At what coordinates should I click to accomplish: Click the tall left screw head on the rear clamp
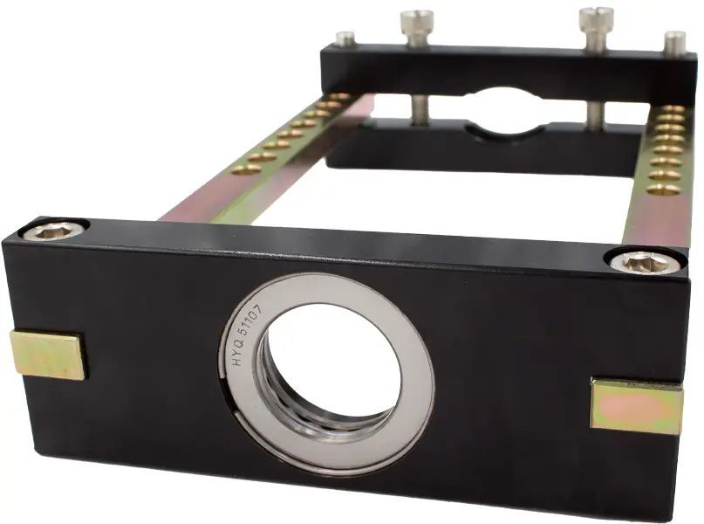point(417,27)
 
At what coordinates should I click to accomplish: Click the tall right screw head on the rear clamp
point(596,26)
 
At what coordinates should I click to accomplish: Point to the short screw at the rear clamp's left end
point(345,38)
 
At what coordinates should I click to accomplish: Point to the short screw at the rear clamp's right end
point(675,41)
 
